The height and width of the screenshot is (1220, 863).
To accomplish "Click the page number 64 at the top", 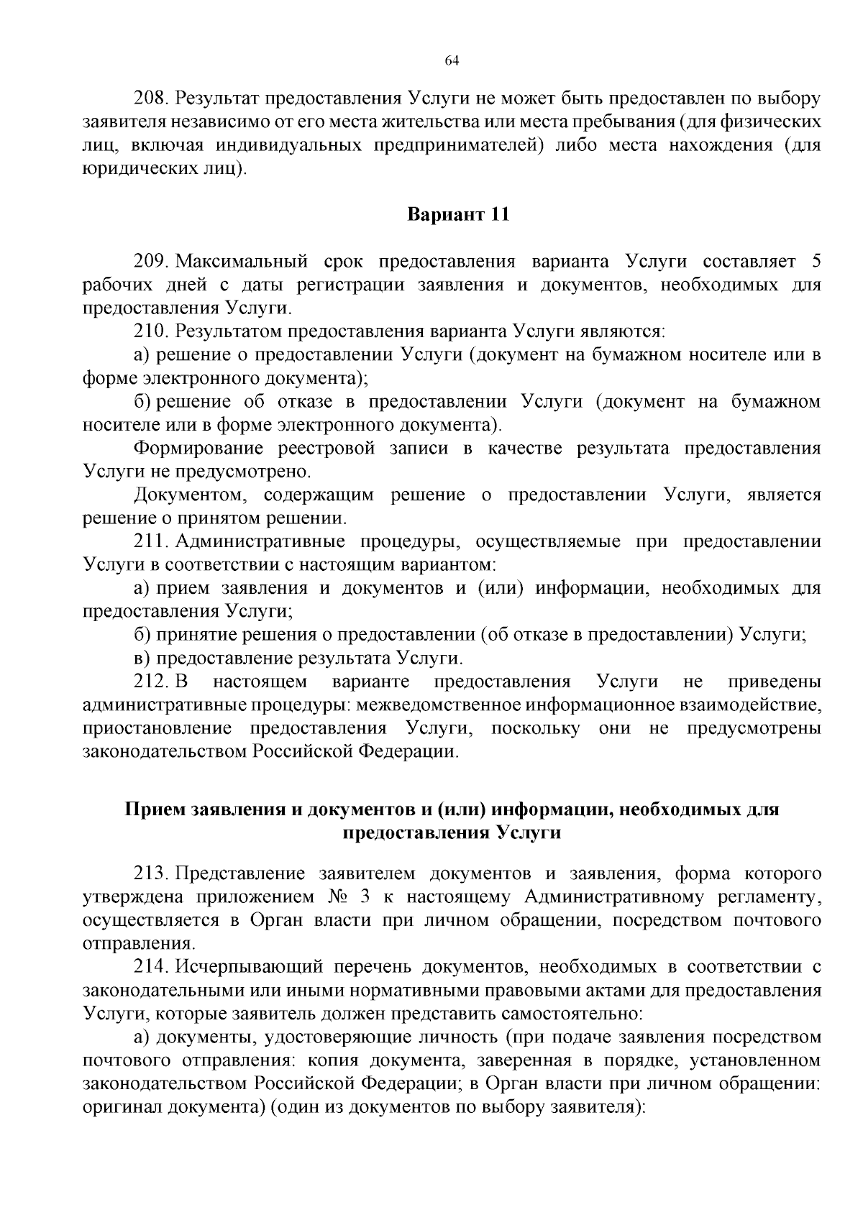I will click(x=452, y=60).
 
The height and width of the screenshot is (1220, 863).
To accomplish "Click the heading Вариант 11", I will click(x=458, y=214).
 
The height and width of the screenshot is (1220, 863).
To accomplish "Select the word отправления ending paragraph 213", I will click(x=137, y=944).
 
